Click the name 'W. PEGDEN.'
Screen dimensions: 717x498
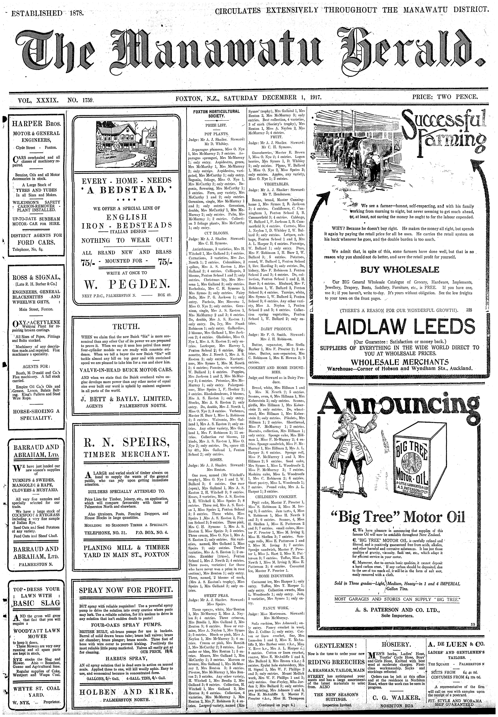pos(126,284)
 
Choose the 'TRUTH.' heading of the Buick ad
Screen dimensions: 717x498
pos(126,327)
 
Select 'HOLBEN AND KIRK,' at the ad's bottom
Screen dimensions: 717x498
pos(126,692)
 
